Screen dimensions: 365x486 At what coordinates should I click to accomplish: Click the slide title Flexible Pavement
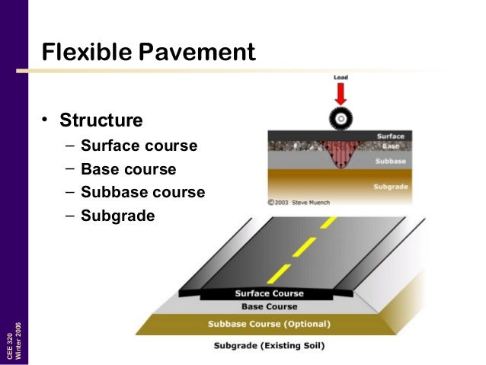click(149, 52)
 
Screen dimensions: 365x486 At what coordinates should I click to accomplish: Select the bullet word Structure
click(101, 120)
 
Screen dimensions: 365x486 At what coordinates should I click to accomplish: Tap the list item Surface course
click(139, 146)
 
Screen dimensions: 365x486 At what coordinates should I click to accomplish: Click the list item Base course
click(128, 169)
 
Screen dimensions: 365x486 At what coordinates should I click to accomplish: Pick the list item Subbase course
click(142, 192)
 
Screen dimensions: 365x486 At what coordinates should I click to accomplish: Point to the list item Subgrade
click(117, 216)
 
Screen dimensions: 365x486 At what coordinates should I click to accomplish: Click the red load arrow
click(340, 94)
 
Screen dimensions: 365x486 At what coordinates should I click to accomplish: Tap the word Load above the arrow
click(341, 78)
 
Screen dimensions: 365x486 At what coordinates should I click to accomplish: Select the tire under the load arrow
click(340, 119)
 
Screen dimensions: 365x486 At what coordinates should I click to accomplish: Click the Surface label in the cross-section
click(391, 136)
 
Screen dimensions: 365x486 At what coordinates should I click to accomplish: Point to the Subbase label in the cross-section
click(389, 161)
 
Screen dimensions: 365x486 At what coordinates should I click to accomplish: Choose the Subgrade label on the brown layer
click(388, 186)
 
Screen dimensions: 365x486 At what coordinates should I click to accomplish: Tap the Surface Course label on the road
click(269, 293)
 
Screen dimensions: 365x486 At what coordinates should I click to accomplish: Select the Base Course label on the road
click(269, 307)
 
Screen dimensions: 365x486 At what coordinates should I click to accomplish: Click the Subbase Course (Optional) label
click(269, 324)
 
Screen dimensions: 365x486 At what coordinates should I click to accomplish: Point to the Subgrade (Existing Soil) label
click(269, 346)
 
